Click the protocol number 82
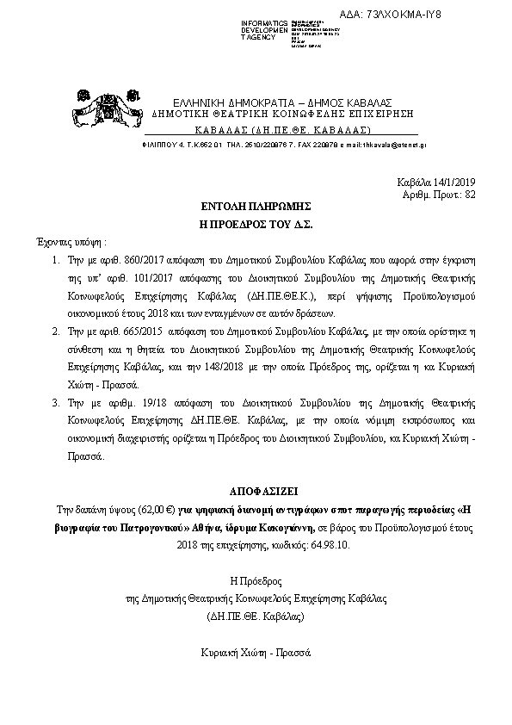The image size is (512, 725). pyautogui.click(x=470, y=195)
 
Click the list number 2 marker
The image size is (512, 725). pyautogui.click(x=54, y=355)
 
